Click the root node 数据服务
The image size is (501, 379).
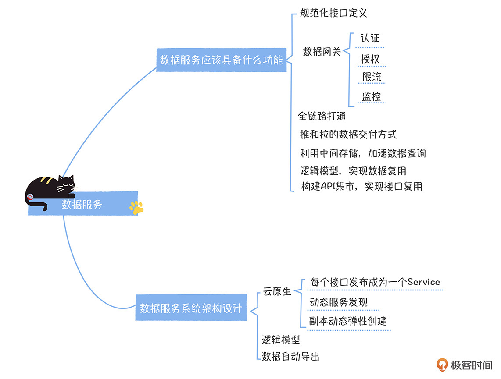pyautogui.click(x=82, y=204)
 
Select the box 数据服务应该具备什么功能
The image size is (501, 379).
pyautogui.click(x=221, y=60)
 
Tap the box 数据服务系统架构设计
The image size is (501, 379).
pyautogui.click(x=191, y=308)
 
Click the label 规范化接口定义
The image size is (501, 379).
pyautogui.click(x=333, y=13)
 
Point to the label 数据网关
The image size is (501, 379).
pyautogui.click(x=322, y=52)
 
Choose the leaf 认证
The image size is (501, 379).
pyautogui.click(x=370, y=38)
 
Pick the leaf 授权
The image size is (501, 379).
pyautogui.click(x=370, y=58)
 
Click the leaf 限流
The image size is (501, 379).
pyautogui.click(x=372, y=77)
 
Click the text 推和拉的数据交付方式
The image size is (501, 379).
pyautogui.click(x=348, y=134)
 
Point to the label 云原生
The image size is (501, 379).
pyautogui.click(x=277, y=291)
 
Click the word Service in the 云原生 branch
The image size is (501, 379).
pyautogui.click(x=423, y=282)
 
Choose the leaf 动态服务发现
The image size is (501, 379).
pyautogui.click(x=339, y=302)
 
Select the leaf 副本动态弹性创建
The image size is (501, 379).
pyautogui.click(x=348, y=321)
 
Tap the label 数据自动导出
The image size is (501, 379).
pyautogui.click(x=290, y=356)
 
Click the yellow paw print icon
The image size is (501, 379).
pyautogui.click(x=136, y=208)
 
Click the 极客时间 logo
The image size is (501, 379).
pyautogui.click(x=465, y=365)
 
